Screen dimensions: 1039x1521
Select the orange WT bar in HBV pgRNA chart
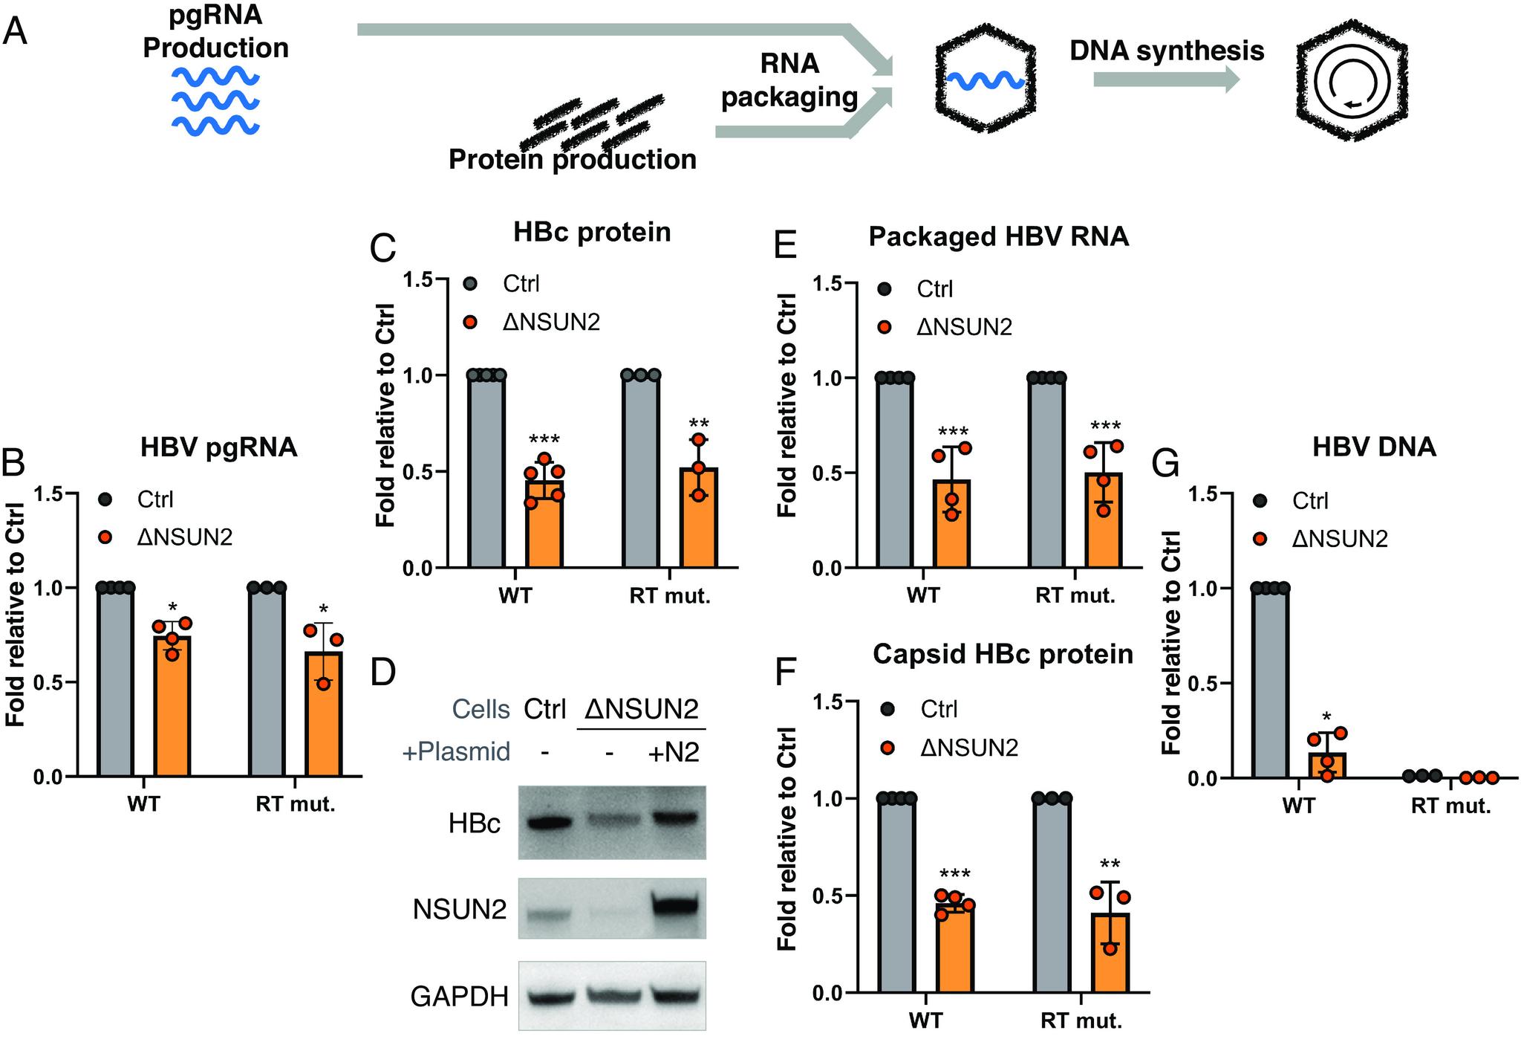172,706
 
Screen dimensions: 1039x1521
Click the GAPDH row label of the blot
460,997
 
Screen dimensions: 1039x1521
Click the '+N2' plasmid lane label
674,752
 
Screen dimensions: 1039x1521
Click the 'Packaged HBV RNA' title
998,236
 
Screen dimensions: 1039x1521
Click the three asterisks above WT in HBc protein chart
544,440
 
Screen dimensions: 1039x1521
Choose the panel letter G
1165,465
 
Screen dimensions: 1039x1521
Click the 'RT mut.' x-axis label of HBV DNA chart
1451,806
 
